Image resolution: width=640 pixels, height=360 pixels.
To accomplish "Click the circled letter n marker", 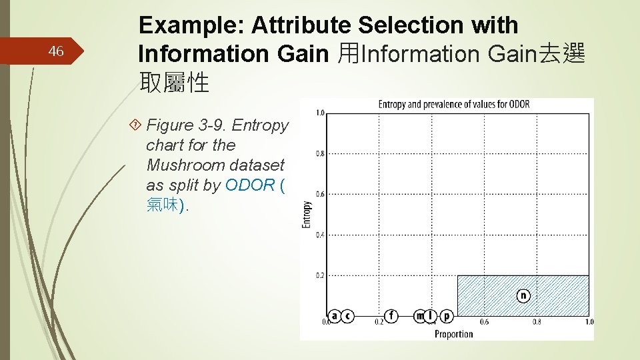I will click(523, 295).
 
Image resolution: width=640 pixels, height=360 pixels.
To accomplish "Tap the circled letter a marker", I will click(335, 316).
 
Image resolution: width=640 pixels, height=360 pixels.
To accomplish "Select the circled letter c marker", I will click(347, 316).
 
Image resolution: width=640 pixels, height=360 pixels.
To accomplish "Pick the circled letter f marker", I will click(391, 316).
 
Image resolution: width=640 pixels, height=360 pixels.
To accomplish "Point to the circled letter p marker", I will click(446, 316).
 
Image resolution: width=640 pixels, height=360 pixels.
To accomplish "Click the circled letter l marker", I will click(431, 316).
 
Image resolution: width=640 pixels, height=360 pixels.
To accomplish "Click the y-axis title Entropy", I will click(307, 215).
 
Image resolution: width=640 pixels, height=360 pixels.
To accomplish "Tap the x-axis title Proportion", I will click(453, 333).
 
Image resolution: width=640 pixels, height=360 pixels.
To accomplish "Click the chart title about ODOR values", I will click(453, 105).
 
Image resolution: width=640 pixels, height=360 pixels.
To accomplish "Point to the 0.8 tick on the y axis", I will click(320, 154).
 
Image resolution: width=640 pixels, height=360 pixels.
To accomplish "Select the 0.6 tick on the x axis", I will click(485, 323).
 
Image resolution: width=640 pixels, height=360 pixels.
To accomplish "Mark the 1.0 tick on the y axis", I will click(320, 113).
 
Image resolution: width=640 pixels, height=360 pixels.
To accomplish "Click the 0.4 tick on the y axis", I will click(320, 235).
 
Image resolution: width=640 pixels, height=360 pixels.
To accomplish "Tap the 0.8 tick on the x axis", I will click(537, 323).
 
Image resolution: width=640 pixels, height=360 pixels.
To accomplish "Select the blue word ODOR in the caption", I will click(250, 185).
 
